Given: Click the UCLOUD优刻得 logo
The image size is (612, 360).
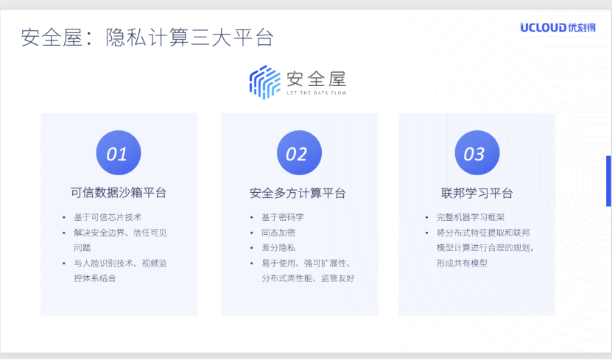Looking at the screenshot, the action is (x=558, y=28).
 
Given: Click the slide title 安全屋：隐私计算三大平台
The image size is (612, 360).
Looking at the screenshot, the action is (x=147, y=38).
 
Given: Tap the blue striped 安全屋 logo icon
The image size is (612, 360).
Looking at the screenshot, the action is (x=265, y=82).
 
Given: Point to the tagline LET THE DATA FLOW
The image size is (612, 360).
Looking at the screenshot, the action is (x=317, y=93).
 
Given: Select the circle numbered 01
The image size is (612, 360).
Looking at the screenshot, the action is (x=119, y=153).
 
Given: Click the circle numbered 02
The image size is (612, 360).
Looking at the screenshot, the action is (x=299, y=153).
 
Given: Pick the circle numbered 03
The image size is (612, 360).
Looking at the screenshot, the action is (x=477, y=153).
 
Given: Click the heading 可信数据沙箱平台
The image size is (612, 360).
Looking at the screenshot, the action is (x=119, y=193).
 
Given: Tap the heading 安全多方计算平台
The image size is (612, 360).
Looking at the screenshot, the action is (x=298, y=193).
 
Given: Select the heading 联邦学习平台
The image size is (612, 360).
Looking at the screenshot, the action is (x=477, y=193).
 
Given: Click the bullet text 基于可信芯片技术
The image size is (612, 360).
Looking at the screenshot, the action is (x=108, y=217).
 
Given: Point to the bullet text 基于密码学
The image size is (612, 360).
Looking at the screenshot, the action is (x=283, y=217).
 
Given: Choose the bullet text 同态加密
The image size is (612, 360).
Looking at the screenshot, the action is (x=278, y=233).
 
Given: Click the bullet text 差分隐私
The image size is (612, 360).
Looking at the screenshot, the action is (x=278, y=247).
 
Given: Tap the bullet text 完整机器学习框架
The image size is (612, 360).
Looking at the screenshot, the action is (x=471, y=217).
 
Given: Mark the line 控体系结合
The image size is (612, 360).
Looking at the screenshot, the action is (x=95, y=278).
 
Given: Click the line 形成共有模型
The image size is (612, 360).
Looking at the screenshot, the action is (x=462, y=264).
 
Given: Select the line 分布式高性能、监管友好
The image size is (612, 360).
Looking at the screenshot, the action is (x=308, y=278).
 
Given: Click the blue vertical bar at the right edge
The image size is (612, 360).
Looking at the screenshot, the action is (x=608, y=181).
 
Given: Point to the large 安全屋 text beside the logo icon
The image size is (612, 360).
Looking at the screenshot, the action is (x=317, y=80).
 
